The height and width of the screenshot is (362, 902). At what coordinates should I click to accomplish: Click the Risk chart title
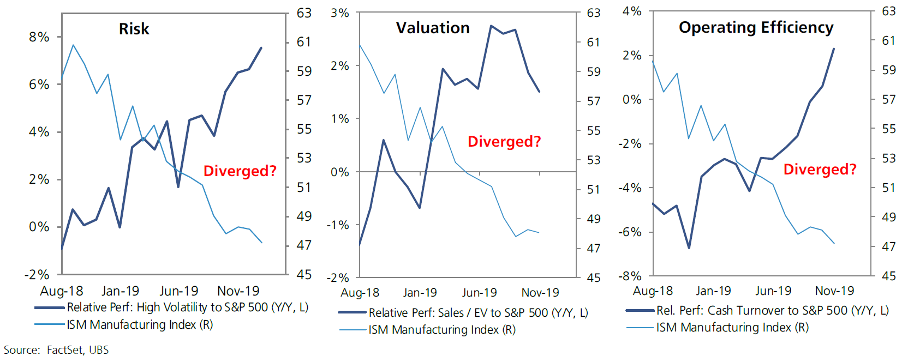click(134, 29)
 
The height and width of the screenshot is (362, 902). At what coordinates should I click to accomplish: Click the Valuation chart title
click(433, 28)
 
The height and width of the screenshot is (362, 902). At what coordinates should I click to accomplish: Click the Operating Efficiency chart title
click(756, 27)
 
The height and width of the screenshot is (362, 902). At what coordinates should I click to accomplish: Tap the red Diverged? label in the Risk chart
click(240, 171)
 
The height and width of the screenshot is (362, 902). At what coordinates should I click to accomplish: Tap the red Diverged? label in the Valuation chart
click(504, 141)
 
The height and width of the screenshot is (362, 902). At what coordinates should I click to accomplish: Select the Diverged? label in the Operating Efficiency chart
click(820, 169)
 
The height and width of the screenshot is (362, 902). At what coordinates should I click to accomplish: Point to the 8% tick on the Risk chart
click(39, 37)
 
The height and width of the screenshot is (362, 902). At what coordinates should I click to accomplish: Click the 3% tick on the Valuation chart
click(339, 13)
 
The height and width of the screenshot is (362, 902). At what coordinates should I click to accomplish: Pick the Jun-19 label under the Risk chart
click(179, 291)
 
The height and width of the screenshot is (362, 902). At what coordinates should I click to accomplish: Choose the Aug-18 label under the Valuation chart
click(360, 292)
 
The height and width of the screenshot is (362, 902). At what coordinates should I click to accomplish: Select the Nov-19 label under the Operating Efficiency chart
click(834, 291)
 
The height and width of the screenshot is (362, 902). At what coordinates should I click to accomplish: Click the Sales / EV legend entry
click(478, 312)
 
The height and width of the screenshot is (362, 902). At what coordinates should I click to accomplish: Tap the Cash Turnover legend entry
click(772, 310)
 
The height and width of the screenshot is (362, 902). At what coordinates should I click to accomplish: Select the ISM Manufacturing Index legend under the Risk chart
click(140, 325)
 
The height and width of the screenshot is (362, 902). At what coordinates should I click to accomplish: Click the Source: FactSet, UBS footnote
click(56, 350)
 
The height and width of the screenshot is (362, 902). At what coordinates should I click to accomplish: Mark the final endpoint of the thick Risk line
click(261, 48)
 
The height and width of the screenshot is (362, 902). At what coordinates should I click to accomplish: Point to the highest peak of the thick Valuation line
click(491, 26)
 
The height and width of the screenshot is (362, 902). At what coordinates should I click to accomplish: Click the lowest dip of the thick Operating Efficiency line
click(689, 248)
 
